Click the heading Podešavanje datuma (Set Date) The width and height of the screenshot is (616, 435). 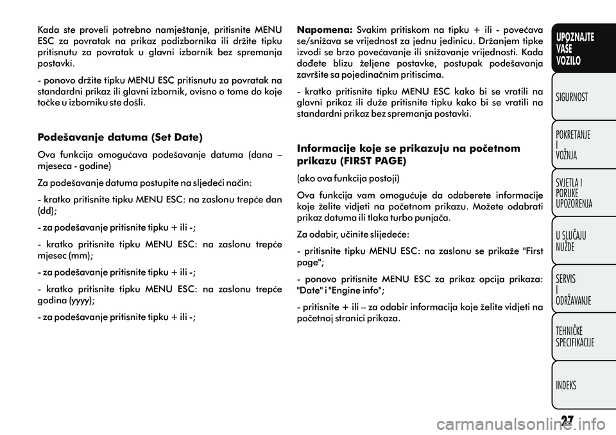coord(120,137)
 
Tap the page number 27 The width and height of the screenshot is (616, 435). coord(566,420)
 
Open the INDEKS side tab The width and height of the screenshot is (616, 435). coord(567,386)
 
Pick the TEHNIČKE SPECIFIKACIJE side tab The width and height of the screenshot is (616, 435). coord(575,337)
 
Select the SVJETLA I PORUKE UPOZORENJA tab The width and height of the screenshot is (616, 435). coord(574,192)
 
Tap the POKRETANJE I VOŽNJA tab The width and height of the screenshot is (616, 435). coord(573,145)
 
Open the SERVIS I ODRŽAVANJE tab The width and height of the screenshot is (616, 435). coord(574,289)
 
